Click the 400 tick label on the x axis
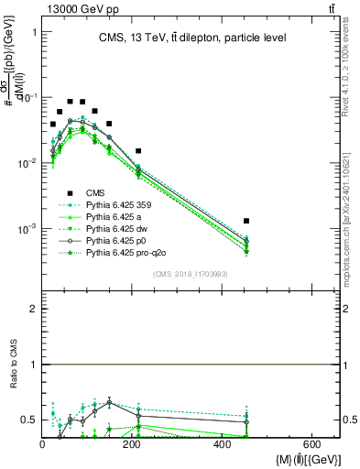pos(223,443)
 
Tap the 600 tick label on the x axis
pos(312,443)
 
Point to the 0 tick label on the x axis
pos(42,443)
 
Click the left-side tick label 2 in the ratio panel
pos(34,310)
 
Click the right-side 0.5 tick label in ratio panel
pos(349,420)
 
